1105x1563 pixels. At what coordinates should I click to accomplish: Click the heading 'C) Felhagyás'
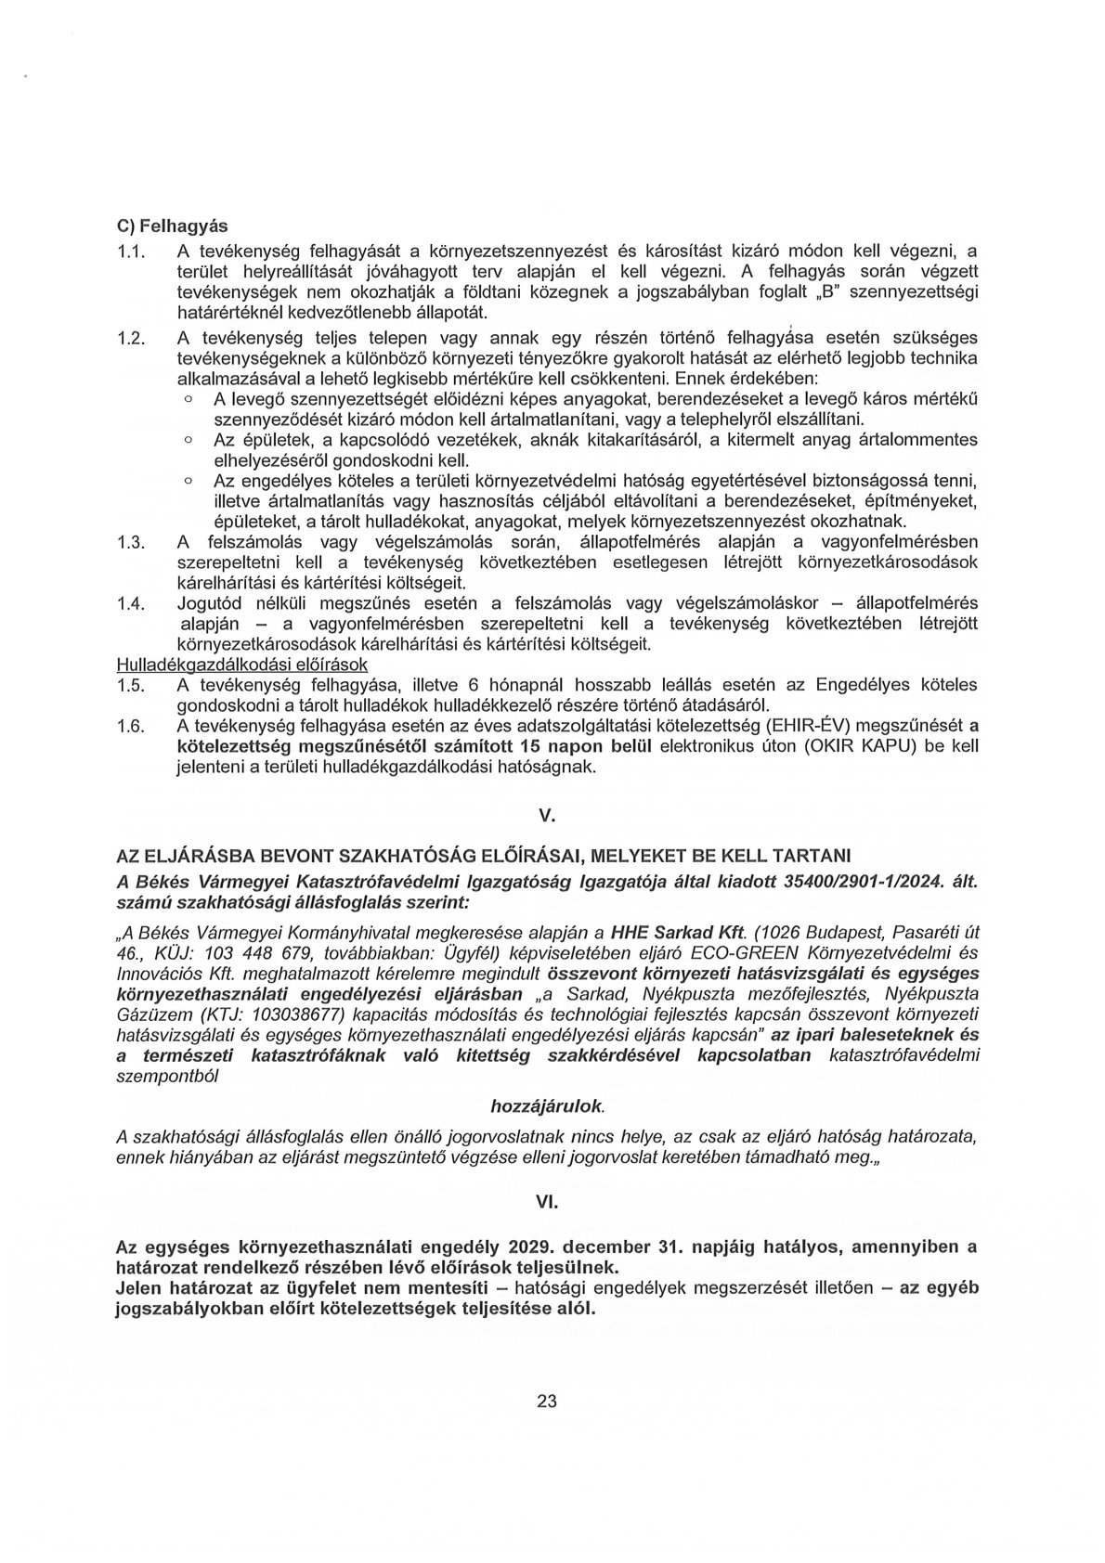(x=172, y=226)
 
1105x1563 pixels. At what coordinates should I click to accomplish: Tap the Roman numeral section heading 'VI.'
(x=546, y=1200)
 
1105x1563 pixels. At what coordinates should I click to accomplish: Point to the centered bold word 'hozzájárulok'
(x=546, y=1105)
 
